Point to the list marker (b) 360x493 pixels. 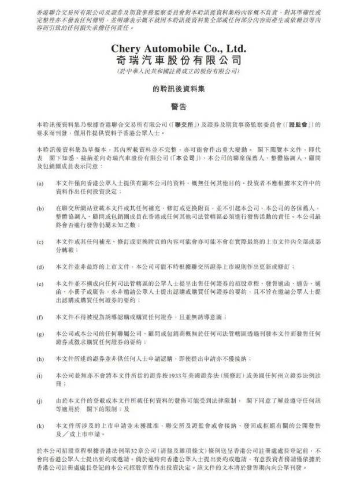click(40, 207)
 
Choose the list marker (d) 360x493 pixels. click(40, 267)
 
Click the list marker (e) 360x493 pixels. click(40, 284)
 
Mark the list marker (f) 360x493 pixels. click(40, 317)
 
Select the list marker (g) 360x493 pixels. click(40, 334)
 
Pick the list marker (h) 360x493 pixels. click(40, 358)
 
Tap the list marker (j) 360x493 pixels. click(40, 399)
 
